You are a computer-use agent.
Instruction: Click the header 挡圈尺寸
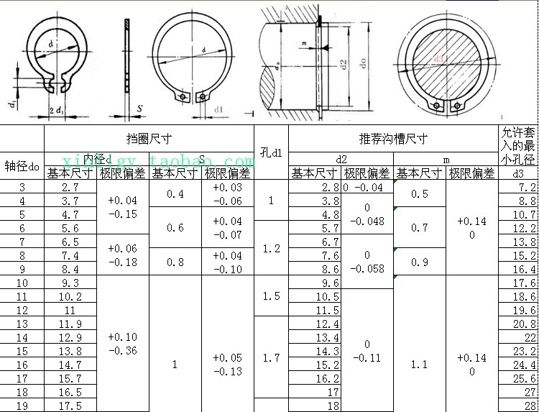(149, 138)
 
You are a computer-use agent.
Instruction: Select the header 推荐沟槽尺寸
(393, 138)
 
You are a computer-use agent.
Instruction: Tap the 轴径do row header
(22, 166)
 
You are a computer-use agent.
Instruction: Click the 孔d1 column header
(271, 152)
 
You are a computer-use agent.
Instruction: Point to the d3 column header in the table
(517, 173)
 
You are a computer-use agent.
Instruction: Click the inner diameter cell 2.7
(70, 187)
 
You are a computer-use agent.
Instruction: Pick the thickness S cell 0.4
(175, 194)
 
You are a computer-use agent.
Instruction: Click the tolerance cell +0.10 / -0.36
(122, 344)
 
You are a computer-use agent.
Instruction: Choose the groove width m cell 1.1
(419, 365)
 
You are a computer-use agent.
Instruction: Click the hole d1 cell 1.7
(271, 357)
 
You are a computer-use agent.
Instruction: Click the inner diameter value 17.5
(70, 406)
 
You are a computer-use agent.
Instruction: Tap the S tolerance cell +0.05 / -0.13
(227, 365)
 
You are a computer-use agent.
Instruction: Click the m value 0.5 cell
(419, 194)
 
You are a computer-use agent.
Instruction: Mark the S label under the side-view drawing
(138, 109)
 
